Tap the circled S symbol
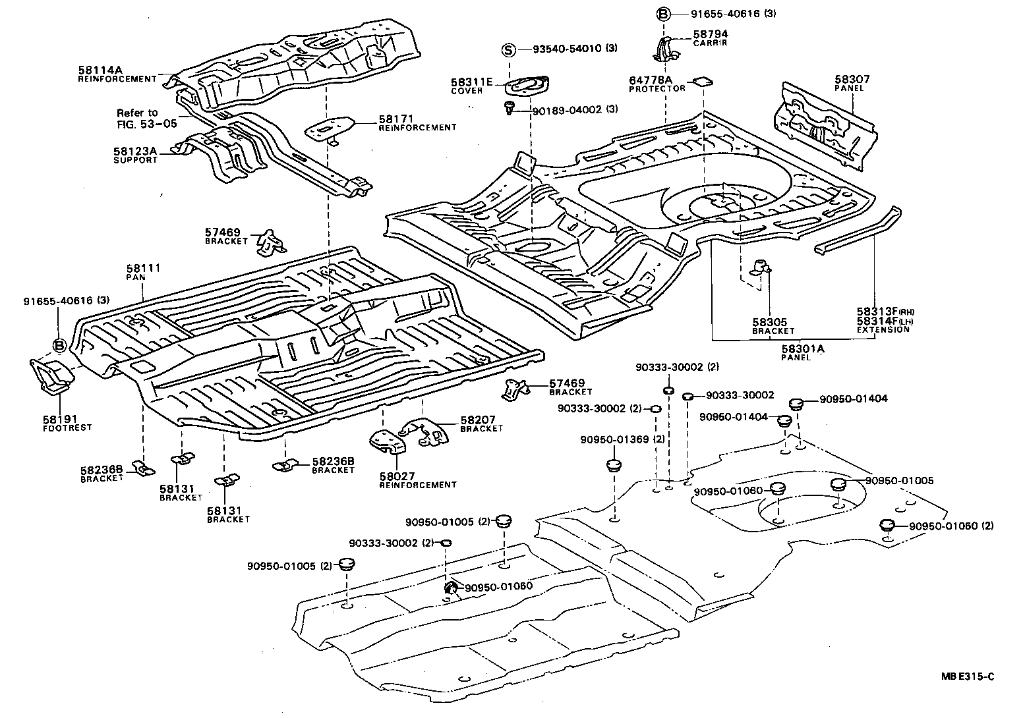pos(508,49)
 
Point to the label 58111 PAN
pos(144,272)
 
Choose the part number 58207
pos(479,420)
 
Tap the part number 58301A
pos(803,348)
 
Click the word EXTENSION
pos(883,329)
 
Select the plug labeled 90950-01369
pos(614,467)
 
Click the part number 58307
pos(852,78)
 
